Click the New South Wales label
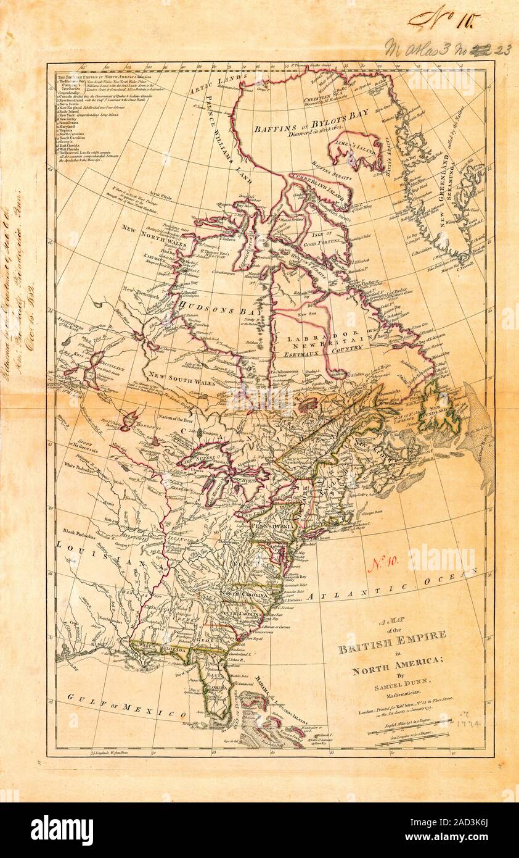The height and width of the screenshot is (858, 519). click(x=173, y=376)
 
